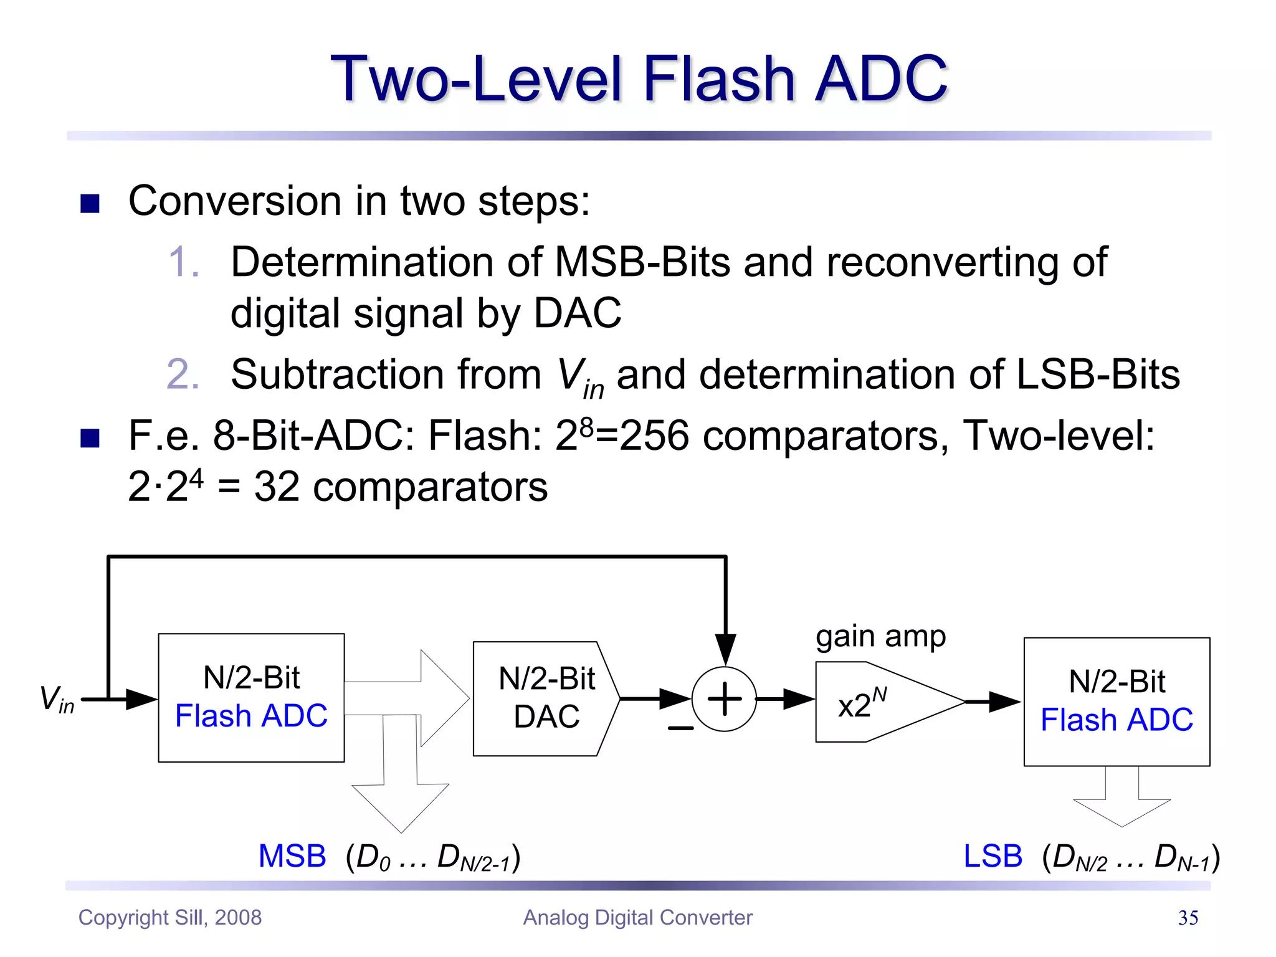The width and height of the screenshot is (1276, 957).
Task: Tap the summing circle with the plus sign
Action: (x=724, y=699)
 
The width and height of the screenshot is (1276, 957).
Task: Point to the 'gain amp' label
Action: (x=880, y=637)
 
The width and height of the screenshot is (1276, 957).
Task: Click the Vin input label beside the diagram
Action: (x=57, y=698)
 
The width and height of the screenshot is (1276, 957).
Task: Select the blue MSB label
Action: (x=292, y=856)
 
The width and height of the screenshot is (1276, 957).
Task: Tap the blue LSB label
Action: (x=993, y=856)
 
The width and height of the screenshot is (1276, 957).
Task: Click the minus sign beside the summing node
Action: (x=680, y=728)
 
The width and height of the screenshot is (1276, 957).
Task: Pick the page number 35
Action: (x=1188, y=918)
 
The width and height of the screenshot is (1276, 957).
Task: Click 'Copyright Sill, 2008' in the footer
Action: (x=170, y=918)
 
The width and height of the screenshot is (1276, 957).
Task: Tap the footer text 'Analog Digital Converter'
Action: (x=637, y=918)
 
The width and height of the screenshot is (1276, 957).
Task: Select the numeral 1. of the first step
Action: (x=184, y=262)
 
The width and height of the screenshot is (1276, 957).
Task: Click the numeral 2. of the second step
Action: (x=183, y=374)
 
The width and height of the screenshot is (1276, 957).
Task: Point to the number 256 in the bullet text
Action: (x=654, y=436)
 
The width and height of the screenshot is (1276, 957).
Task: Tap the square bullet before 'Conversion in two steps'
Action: (x=90, y=203)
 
